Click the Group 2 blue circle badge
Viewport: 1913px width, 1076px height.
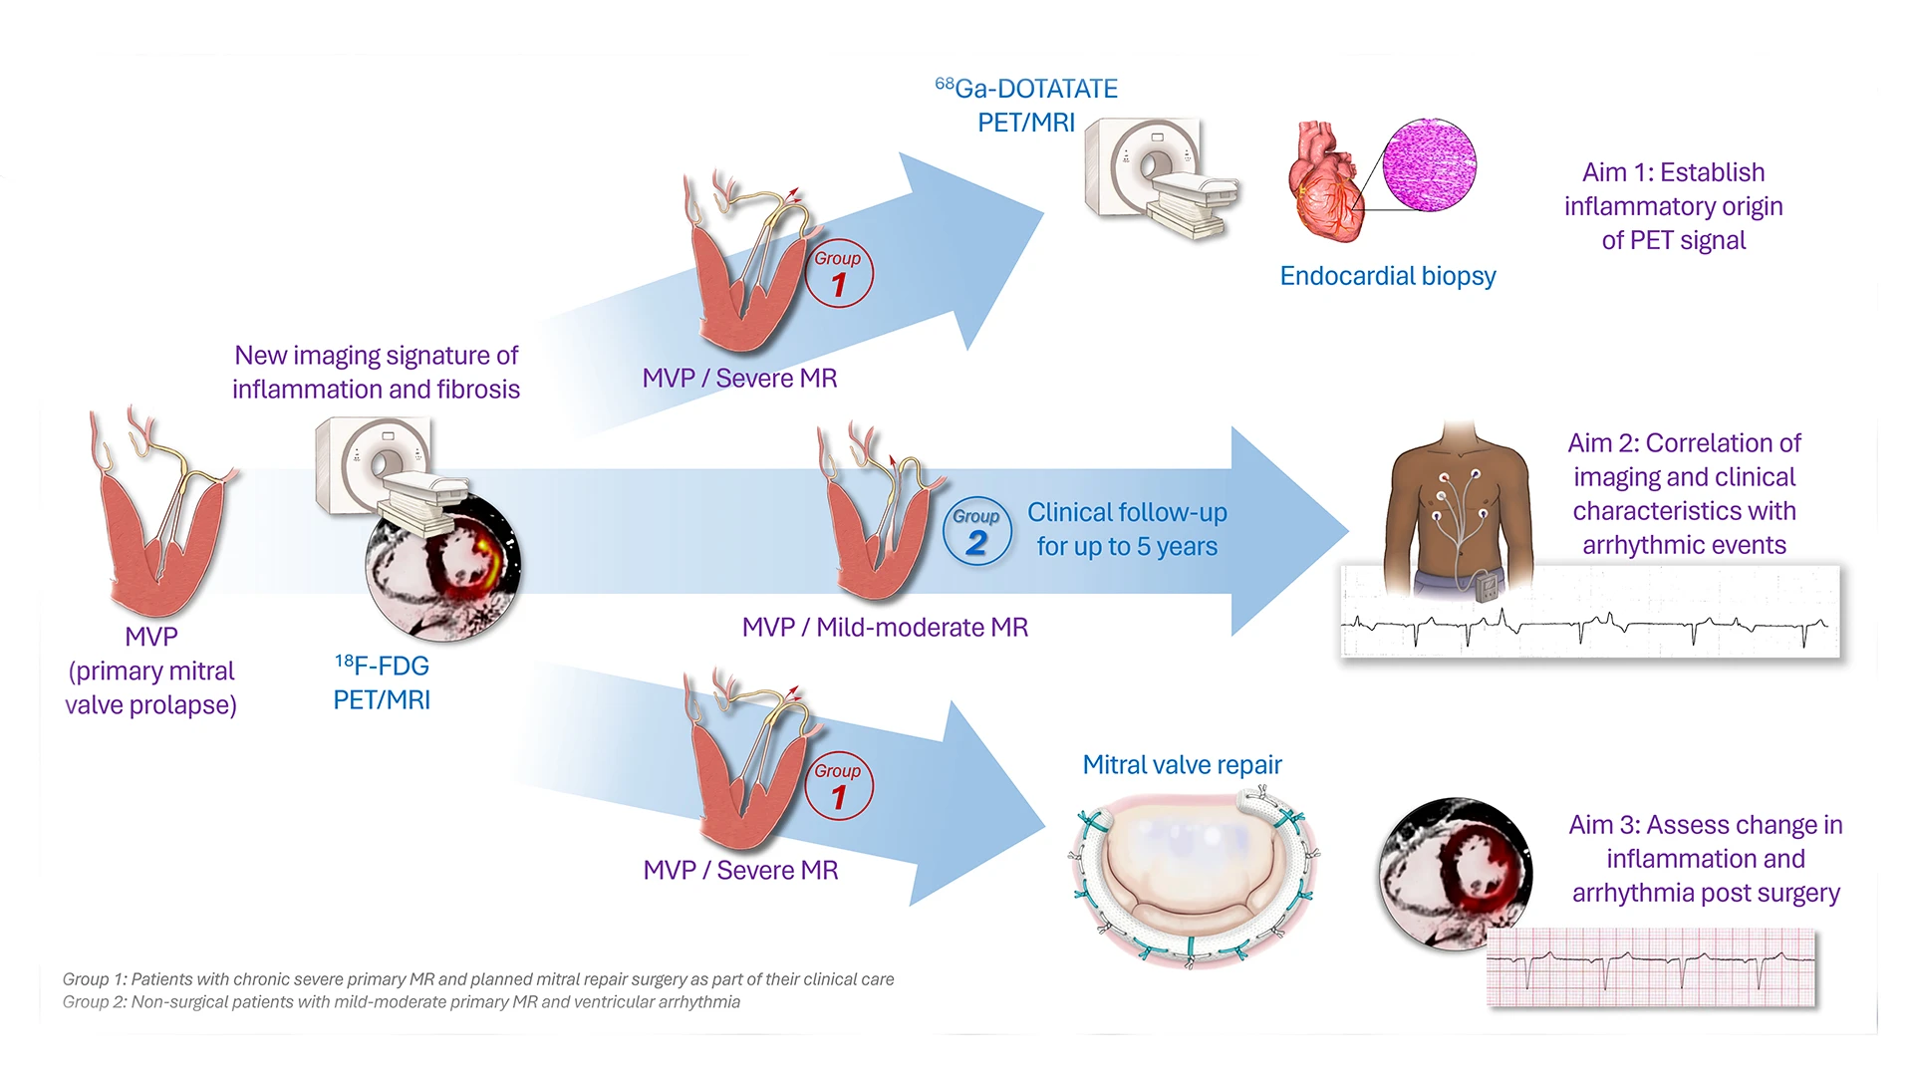click(x=976, y=532)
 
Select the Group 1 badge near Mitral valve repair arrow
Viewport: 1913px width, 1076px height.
click(x=838, y=786)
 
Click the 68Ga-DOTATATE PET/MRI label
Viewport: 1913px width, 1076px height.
click(x=1026, y=106)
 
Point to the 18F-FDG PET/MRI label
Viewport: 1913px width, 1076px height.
click(x=382, y=682)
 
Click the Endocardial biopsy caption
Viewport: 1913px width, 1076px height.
click(x=1387, y=276)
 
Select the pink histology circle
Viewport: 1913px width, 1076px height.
click(x=1430, y=165)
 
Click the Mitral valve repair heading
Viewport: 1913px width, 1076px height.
click(x=1182, y=765)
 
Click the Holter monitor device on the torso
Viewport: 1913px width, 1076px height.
click(x=1486, y=587)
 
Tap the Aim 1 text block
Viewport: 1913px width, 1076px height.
click(x=1673, y=206)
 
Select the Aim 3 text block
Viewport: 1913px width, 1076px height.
click(x=1705, y=859)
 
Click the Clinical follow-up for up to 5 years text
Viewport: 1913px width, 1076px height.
click(x=1127, y=529)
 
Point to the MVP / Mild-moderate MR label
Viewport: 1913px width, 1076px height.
click(x=885, y=628)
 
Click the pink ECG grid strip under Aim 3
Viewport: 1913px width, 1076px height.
click(x=1650, y=967)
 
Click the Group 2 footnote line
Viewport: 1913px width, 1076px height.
click(x=401, y=1002)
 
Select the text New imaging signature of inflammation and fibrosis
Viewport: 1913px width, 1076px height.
click(x=376, y=373)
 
